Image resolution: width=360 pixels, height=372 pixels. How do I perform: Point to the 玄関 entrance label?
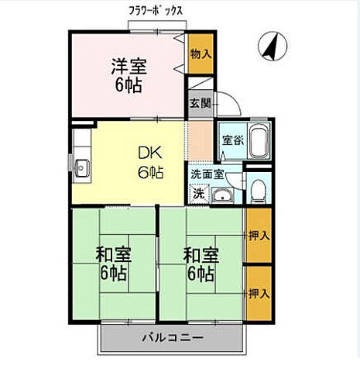coord(199,103)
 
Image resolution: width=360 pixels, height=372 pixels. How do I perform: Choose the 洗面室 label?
coord(207,175)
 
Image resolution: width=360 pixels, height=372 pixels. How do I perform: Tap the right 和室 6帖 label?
coord(200,263)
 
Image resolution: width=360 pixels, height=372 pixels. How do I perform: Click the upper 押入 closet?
coord(258,236)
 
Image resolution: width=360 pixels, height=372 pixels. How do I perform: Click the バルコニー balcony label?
coord(172,338)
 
